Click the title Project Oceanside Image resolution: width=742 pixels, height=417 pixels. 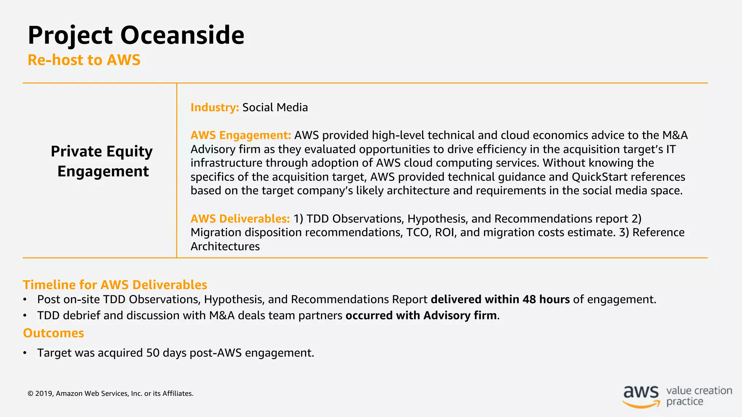[x=136, y=35]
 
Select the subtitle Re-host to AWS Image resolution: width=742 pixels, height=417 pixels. [x=84, y=60]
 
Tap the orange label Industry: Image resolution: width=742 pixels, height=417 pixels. [x=214, y=108]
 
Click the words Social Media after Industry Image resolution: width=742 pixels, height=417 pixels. [x=275, y=108]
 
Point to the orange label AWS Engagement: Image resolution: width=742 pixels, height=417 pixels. [x=241, y=135]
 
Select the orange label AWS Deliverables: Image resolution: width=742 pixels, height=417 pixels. [x=240, y=219]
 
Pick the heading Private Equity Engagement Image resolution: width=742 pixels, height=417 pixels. [x=102, y=161]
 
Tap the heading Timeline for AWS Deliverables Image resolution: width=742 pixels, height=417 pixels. [x=115, y=285]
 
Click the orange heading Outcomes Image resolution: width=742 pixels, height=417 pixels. [x=53, y=333]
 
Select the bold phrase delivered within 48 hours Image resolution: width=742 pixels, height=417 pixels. [x=500, y=299]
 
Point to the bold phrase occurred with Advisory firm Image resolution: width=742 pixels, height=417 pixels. [x=421, y=315]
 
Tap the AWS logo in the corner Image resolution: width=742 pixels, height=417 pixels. [x=641, y=396]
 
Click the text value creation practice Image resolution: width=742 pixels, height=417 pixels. [x=699, y=396]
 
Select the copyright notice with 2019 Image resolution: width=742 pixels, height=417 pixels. [x=111, y=393]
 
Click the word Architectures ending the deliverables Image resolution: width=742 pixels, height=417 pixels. [x=225, y=247]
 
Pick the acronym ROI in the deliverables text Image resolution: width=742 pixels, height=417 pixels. [x=444, y=232]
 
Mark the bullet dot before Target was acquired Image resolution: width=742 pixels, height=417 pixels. [x=25, y=353]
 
